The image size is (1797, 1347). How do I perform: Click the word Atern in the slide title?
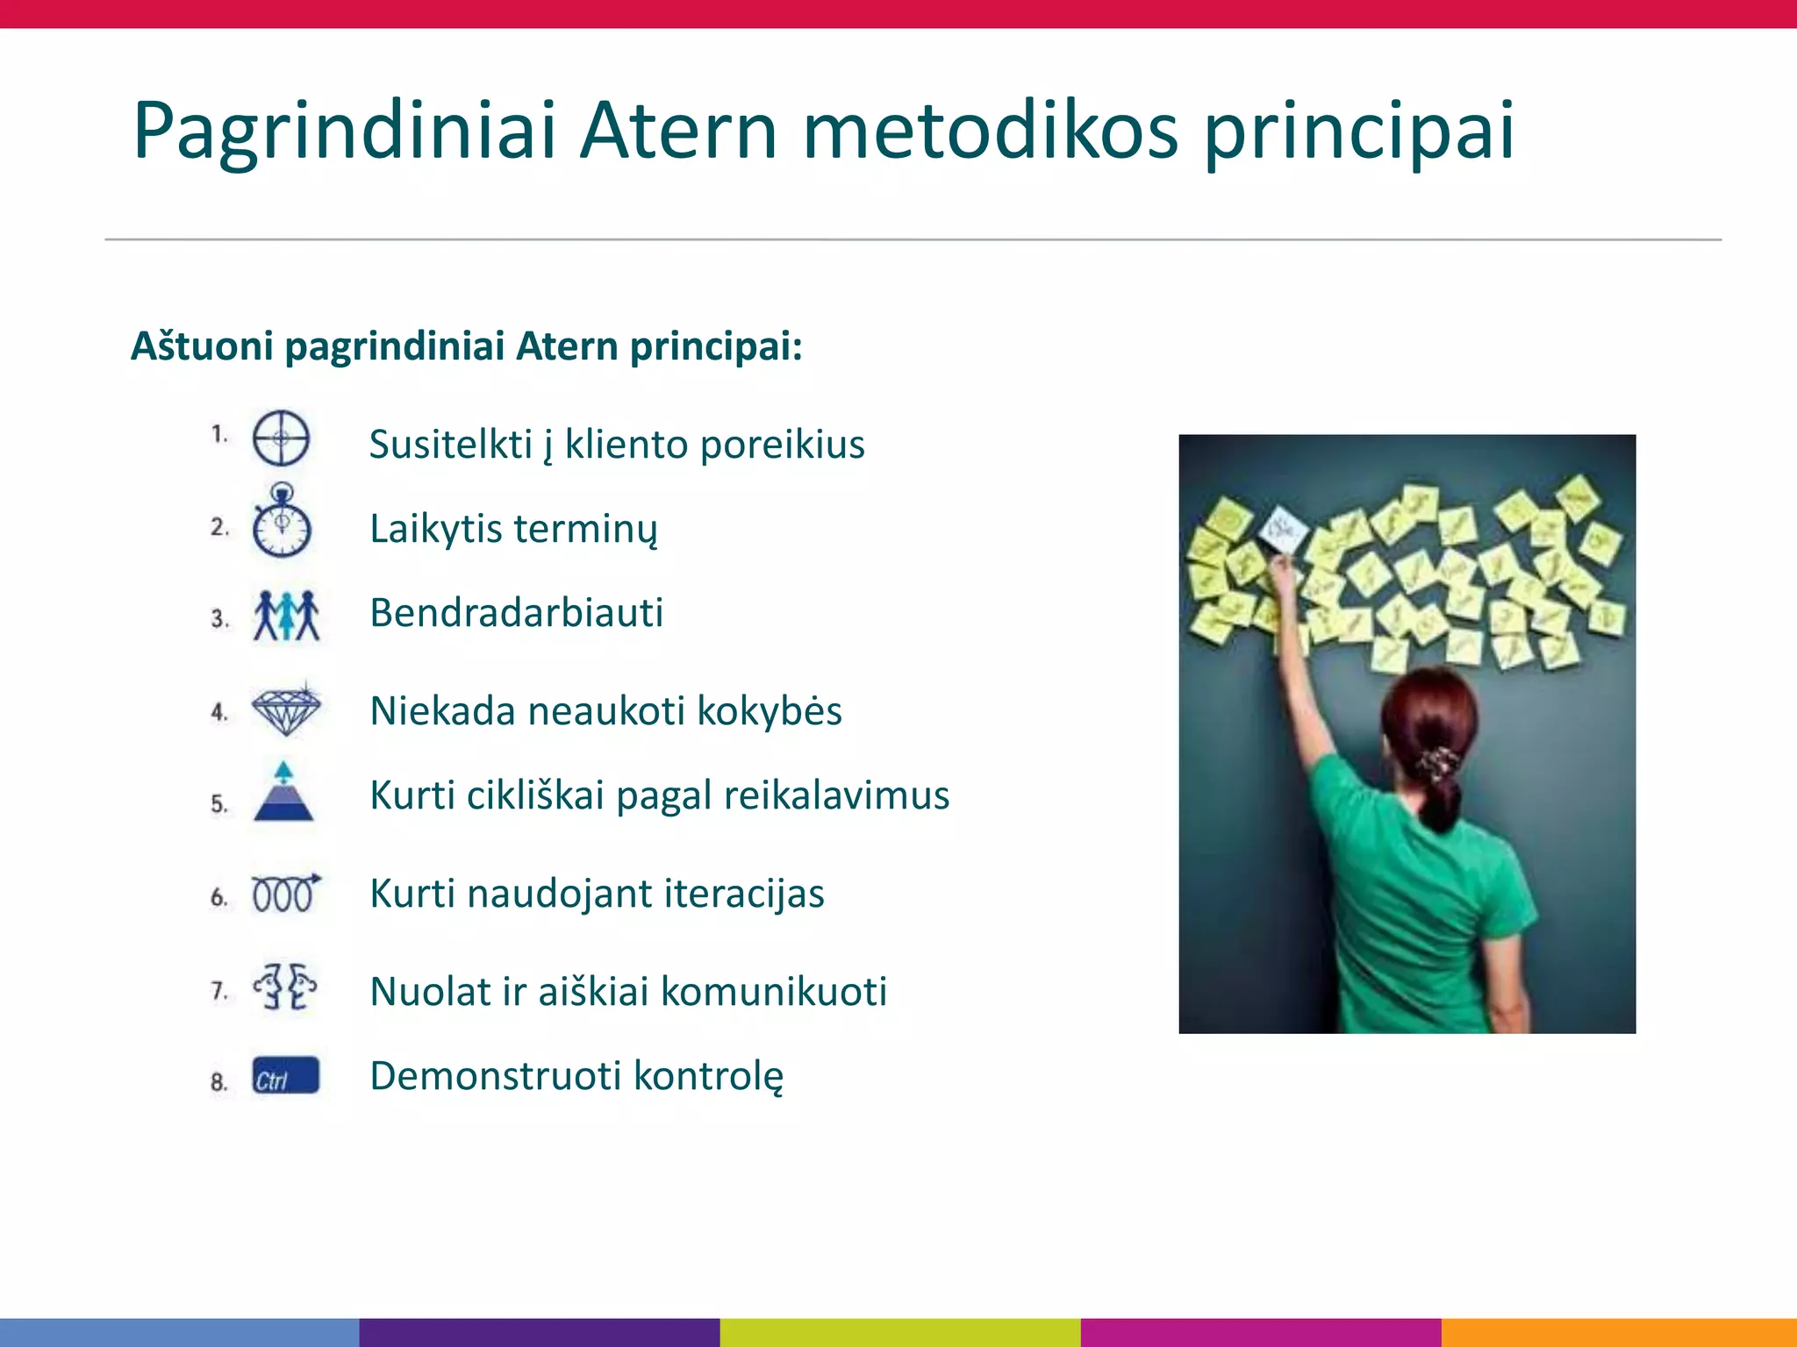point(678,132)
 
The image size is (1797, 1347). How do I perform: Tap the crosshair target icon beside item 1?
point(281,438)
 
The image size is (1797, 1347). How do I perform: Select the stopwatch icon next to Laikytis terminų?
point(281,524)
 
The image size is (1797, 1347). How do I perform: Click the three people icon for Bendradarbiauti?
point(286,616)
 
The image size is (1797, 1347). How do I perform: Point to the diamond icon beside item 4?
point(286,709)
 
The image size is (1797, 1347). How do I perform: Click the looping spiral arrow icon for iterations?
point(285,894)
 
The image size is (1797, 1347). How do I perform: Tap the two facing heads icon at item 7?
point(285,987)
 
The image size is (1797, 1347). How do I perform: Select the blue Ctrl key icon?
point(285,1076)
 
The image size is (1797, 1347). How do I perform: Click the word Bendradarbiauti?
point(516,613)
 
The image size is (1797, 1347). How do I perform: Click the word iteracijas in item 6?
point(744,894)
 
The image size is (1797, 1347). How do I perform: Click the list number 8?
point(218,1081)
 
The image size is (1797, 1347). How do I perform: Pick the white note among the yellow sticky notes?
point(1283,529)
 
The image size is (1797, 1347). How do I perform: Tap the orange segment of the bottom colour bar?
point(1618,1332)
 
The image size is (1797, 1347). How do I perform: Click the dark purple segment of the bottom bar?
point(539,1332)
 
